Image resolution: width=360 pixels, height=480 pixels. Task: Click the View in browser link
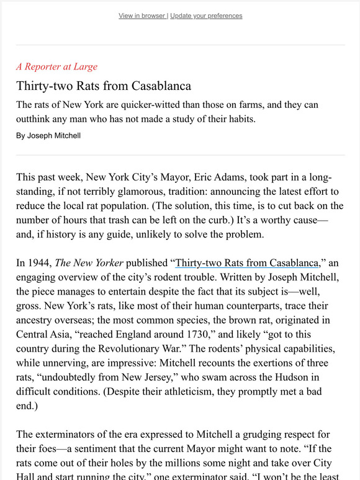coord(142,16)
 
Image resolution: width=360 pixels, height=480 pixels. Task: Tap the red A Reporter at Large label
coord(56,66)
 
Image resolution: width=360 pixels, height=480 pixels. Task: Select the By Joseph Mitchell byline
coord(48,135)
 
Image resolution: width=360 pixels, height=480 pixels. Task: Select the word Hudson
coord(302,378)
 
